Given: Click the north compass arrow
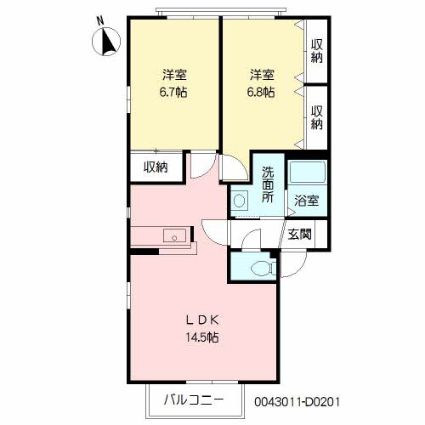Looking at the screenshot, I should [110, 40].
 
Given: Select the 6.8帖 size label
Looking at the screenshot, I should [262, 90].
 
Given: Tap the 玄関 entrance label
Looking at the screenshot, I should [299, 235].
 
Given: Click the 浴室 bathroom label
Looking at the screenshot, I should [306, 201].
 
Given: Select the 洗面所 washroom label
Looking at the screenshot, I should [267, 183].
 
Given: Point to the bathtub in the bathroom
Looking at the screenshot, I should [308, 173].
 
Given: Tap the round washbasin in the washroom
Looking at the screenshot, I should [241, 201].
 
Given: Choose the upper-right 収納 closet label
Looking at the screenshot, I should [317, 51].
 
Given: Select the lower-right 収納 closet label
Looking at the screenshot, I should [317, 116].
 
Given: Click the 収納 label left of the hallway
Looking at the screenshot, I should [156, 167].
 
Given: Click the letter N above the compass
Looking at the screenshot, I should [100, 20].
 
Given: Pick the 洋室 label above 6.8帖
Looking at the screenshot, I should [262, 74].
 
